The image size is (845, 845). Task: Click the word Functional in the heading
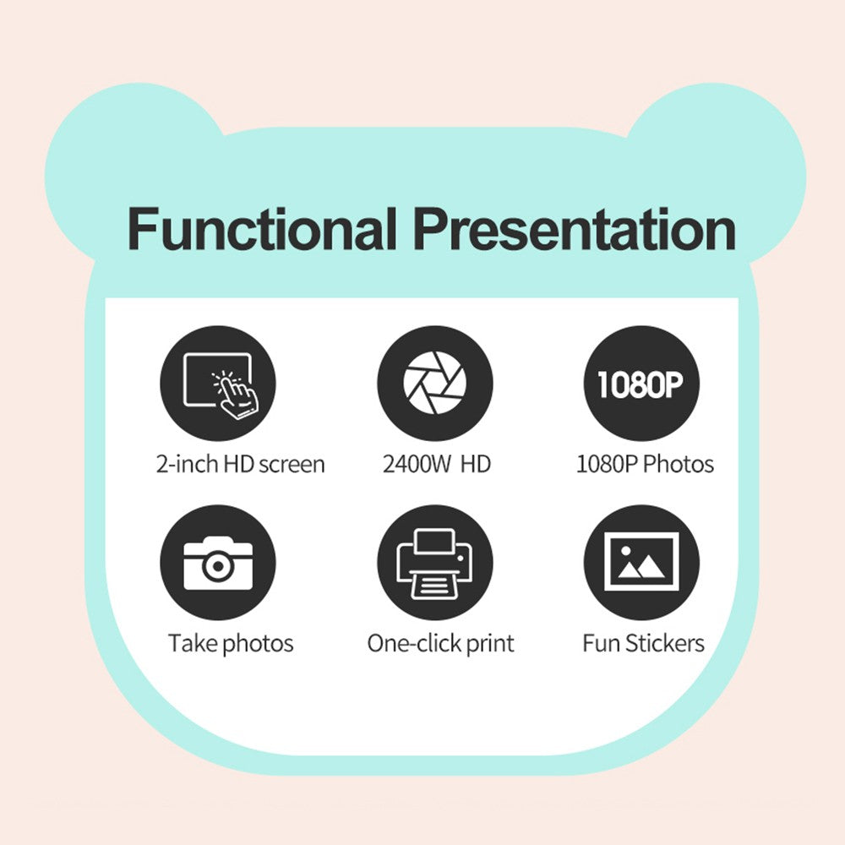pyautogui.click(x=263, y=229)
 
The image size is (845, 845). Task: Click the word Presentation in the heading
pyautogui.click(x=575, y=229)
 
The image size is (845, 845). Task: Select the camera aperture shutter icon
pyautogui.click(x=435, y=383)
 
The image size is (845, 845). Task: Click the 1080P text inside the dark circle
pyautogui.click(x=641, y=384)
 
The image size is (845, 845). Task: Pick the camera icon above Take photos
pyautogui.click(x=218, y=563)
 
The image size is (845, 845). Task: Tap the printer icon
pyautogui.click(x=435, y=563)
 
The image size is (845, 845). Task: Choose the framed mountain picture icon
pyautogui.click(x=641, y=563)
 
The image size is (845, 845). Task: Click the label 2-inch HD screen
pyautogui.click(x=240, y=464)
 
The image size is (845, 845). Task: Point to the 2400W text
pyautogui.click(x=416, y=464)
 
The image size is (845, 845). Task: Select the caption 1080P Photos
pyautogui.click(x=645, y=464)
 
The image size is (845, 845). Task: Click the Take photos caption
pyautogui.click(x=231, y=643)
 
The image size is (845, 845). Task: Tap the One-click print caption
pyautogui.click(x=441, y=643)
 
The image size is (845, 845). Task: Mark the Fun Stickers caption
pyautogui.click(x=643, y=643)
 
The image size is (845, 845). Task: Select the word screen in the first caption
pyautogui.click(x=292, y=465)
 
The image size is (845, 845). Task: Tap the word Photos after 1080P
pyautogui.click(x=679, y=464)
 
